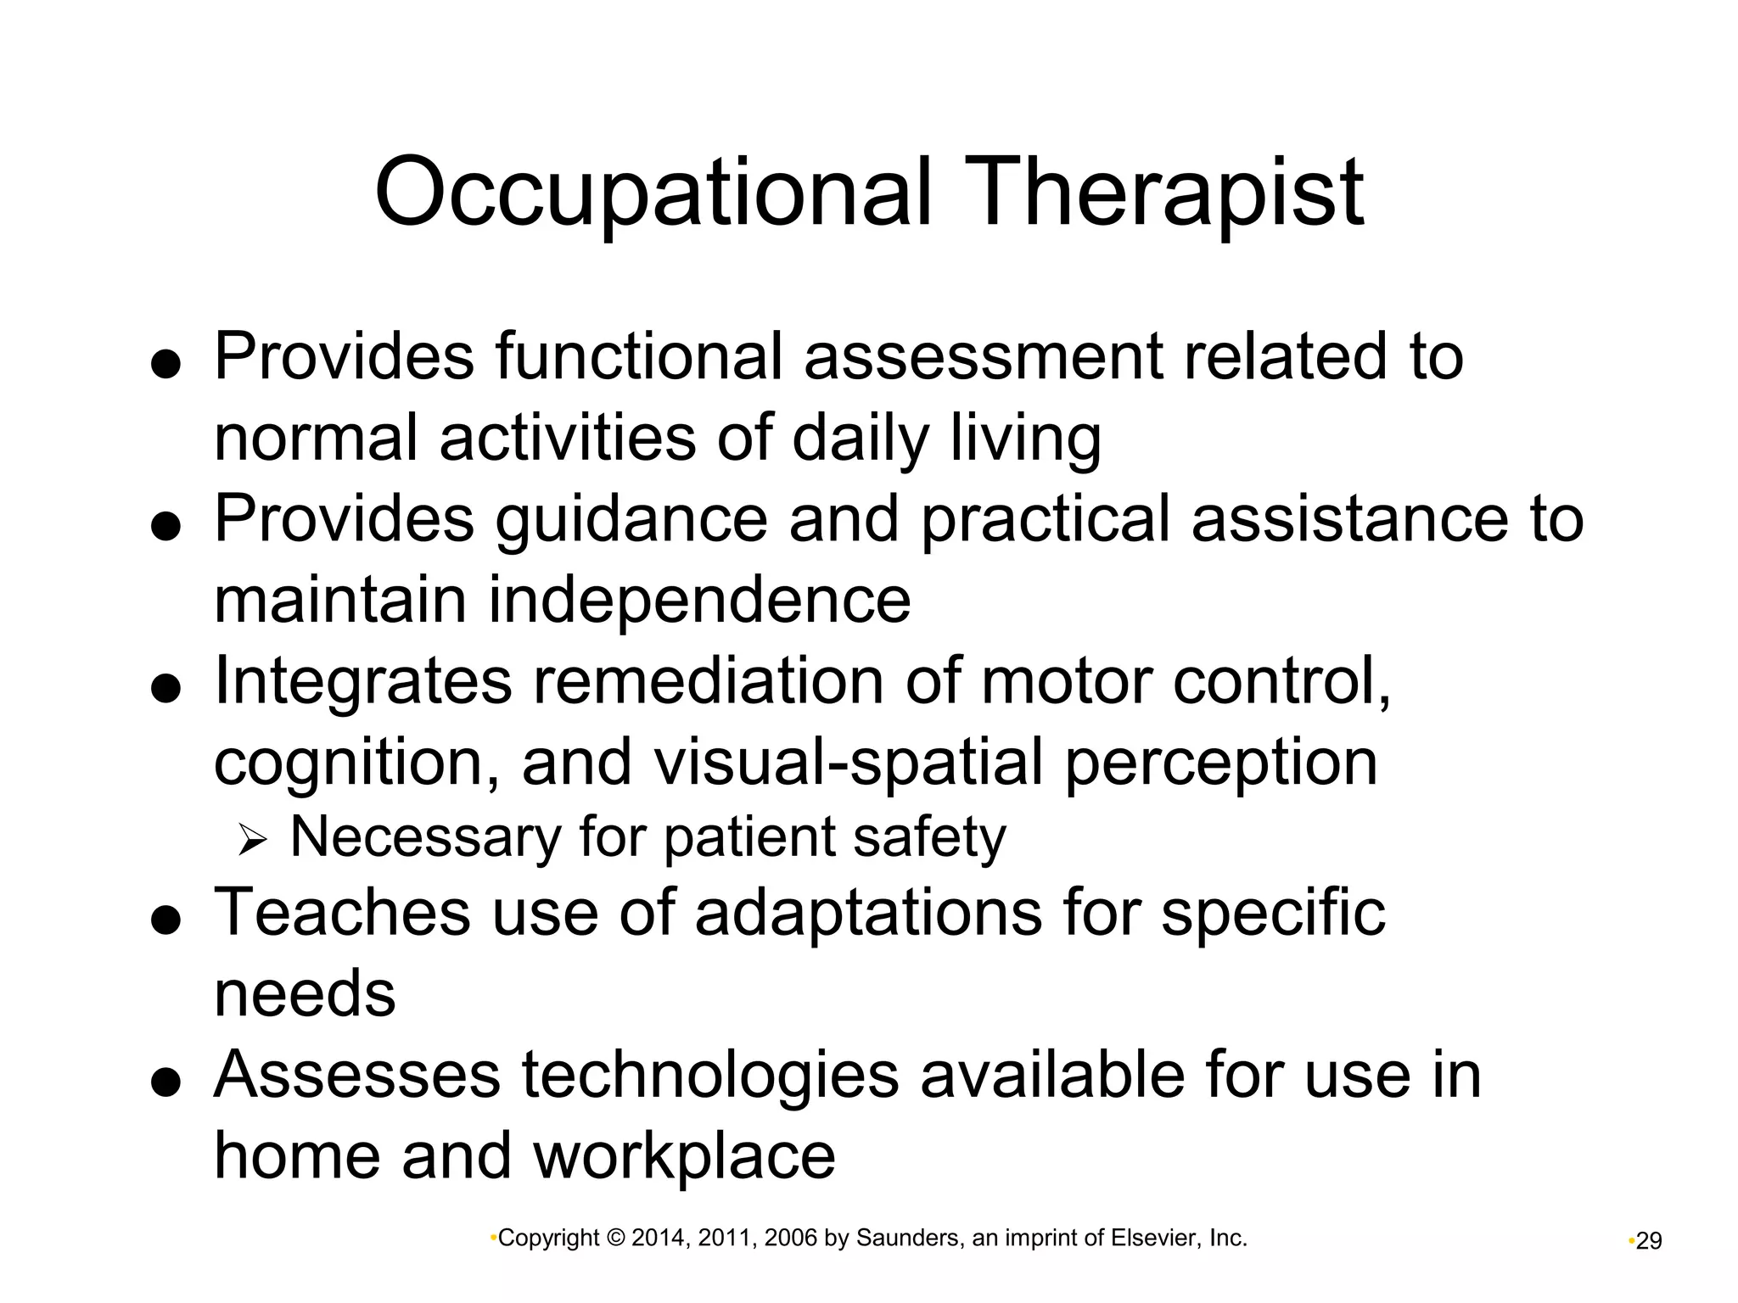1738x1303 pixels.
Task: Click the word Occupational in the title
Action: (x=653, y=193)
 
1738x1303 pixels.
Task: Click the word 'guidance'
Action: (x=631, y=519)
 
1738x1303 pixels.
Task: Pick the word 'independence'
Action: (x=699, y=600)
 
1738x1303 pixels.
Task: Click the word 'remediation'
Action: (x=708, y=680)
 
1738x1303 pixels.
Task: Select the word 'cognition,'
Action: (x=356, y=763)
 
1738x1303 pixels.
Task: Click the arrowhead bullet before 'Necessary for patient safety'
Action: (x=252, y=841)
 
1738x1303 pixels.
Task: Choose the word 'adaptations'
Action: (x=868, y=913)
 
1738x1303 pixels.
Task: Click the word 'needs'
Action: (x=305, y=994)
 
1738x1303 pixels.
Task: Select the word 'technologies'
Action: (x=709, y=1076)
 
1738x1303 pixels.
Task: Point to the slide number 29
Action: (x=1648, y=1242)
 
